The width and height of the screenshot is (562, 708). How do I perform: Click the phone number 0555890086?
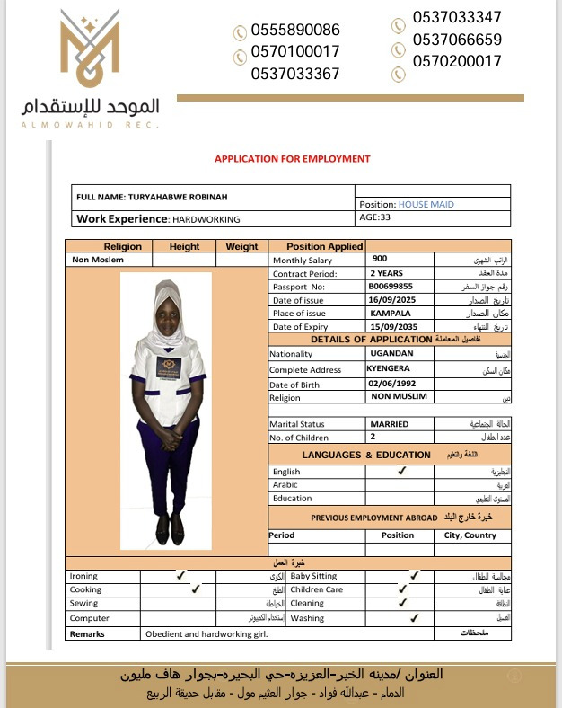click(295, 30)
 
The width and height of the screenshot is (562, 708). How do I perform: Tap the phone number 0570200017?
click(457, 61)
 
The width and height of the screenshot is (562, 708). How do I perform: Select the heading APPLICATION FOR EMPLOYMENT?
click(292, 159)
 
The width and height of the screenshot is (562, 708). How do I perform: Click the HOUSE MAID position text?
click(426, 204)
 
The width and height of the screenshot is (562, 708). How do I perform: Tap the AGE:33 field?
click(375, 217)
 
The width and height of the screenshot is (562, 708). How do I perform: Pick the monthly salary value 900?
click(380, 259)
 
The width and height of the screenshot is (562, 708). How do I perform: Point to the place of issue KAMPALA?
click(390, 313)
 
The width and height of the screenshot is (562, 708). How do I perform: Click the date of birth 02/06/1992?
click(393, 384)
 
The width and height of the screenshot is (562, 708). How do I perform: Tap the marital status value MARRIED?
click(389, 423)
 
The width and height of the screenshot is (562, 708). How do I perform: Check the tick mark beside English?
click(401, 470)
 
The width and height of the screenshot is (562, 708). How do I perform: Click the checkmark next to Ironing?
click(180, 575)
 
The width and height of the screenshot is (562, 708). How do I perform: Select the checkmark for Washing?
click(414, 617)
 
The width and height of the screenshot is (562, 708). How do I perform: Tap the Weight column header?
click(241, 246)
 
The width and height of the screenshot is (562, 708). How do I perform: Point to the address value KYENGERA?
click(389, 367)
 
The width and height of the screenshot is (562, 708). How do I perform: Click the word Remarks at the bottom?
click(87, 633)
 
